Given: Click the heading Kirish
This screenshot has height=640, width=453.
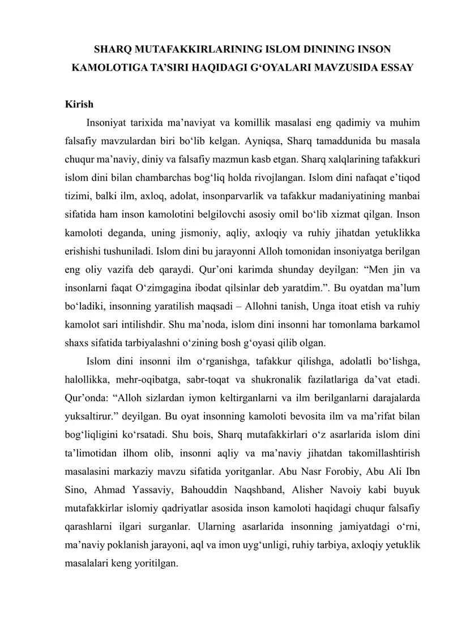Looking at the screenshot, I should click(x=79, y=106).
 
